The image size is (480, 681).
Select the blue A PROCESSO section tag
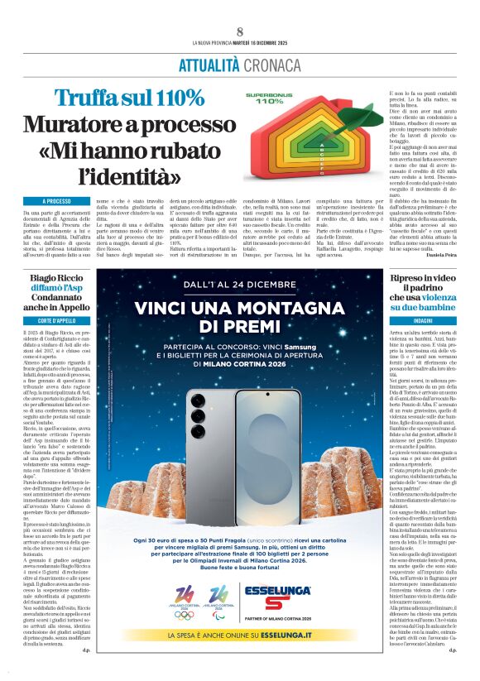tap(56, 201)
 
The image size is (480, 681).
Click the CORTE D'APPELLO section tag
tap(56, 319)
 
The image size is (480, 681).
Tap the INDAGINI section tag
tap(424, 319)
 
